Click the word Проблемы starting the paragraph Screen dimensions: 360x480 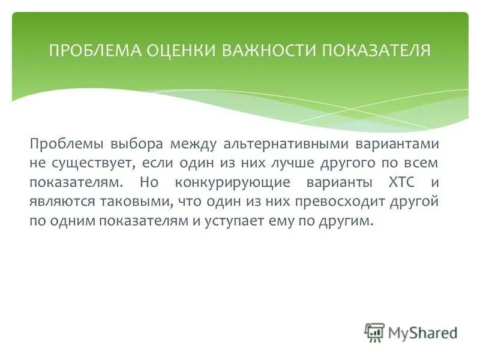tap(65, 144)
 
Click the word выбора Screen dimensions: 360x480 tap(136, 144)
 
